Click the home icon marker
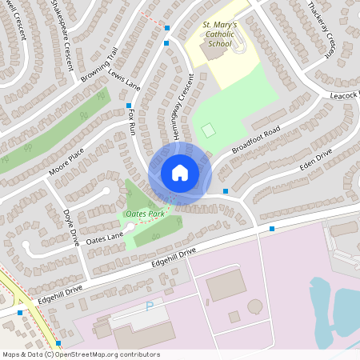180,173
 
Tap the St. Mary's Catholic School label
220,35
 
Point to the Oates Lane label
105,237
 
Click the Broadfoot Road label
254,139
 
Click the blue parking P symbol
149,306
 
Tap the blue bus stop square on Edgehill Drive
272,230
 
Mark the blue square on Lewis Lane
128,106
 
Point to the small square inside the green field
209,130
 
